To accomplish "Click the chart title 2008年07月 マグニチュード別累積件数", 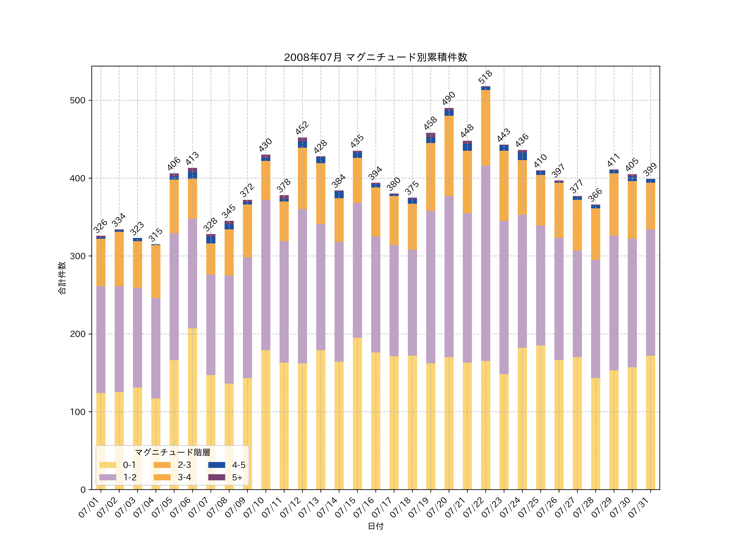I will coord(375,57).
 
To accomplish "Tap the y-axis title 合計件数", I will coord(62,278).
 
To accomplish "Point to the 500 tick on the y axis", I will coord(78,100).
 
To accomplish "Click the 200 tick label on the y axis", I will coord(78,334).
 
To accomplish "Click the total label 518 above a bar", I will coord(485,77).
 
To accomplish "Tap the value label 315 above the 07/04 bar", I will coord(155,235).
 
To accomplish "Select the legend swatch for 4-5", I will coord(217,465).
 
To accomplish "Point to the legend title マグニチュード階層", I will coord(172,452).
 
